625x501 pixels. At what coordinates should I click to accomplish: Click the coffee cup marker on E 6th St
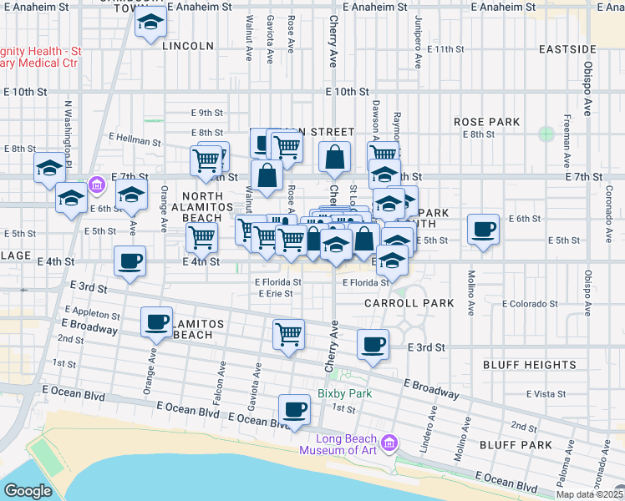click(x=483, y=229)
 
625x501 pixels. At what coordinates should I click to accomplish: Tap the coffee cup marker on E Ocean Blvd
click(x=293, y=408)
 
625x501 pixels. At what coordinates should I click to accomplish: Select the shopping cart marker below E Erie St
click(x=288, y=334)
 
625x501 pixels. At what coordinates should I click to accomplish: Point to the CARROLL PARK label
click(x=409, y=303)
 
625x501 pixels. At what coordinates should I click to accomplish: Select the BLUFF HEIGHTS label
click(x=529, y=365)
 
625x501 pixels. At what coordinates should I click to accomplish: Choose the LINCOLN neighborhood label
click(x=188, y=45)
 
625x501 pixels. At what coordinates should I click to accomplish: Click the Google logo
click(x=28, y=491)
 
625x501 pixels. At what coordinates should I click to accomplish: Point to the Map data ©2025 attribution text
click(x=589, y=495)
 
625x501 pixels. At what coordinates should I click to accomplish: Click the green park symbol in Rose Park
click(x=546, y=134)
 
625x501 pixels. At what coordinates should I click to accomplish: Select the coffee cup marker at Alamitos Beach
click(x=156, y=321)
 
